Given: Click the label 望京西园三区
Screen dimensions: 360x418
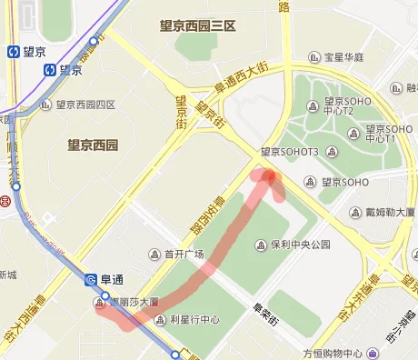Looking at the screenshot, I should pos(197,26).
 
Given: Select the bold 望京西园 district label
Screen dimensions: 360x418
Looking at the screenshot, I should pos(93,145).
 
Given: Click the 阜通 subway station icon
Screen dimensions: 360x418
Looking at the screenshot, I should pos(92,280).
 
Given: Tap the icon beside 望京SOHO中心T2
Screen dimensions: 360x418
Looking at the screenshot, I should pos(313,107).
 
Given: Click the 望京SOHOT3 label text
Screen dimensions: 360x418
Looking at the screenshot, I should pos(289,152).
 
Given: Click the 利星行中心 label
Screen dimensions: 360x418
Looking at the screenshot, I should pos(194,320).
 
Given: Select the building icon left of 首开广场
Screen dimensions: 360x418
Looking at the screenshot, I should pos(154,255).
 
